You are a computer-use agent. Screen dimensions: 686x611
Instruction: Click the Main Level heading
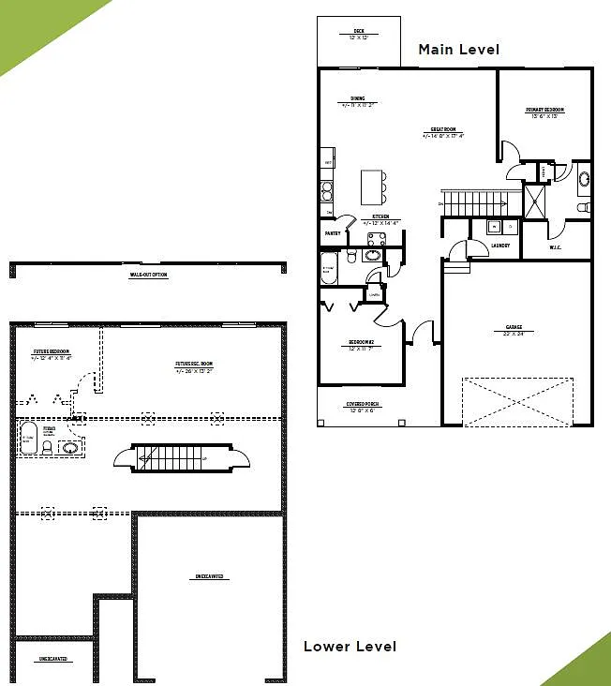(x=458, y=49)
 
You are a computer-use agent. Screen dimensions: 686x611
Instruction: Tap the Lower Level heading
(x=350, y=647)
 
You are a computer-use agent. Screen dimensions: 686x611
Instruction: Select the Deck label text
(x=358, y=33)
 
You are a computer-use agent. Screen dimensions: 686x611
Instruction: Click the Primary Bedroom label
(x=546, y=111)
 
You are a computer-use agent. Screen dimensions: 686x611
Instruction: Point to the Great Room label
(x=443, y=130)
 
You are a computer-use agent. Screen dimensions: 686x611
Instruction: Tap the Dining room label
(x=358, y=98)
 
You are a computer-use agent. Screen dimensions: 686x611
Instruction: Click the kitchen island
(x=373, y=186)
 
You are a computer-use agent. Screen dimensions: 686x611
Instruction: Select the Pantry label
(x=332, y=232)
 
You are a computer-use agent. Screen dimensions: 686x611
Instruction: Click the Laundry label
(x=499, y=246)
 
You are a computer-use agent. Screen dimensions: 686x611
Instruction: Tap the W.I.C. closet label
(x=555, y=249)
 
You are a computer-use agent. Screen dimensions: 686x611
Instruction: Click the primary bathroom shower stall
(x=535, y=201)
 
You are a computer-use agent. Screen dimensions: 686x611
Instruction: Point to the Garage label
(x=514, y=329)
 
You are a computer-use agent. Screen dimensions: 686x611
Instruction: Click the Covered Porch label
(x=361, y=407)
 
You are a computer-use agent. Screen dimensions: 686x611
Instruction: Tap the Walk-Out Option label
(x=148, y=275)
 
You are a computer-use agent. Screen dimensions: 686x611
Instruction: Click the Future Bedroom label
(x=51, y=353)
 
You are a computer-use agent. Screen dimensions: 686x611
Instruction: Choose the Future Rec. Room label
(x=194, y=365)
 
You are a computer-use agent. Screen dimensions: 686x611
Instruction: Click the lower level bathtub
(x=28, y=439)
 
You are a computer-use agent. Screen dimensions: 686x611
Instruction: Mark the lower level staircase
(x=172, y=457)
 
